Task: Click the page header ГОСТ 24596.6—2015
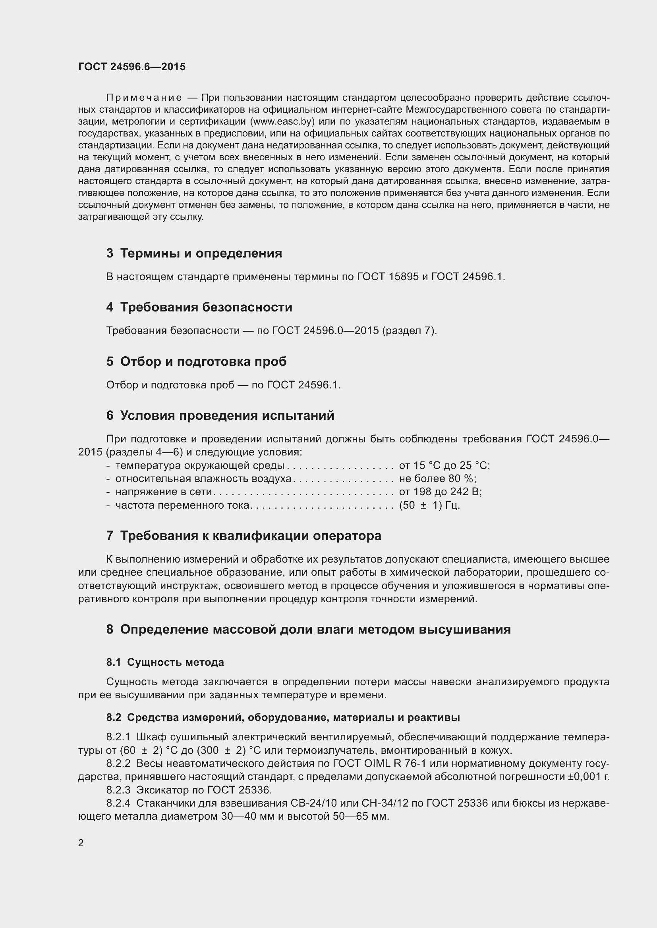(132, 67)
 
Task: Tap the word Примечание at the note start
(144, 98)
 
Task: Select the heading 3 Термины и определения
(194, 254)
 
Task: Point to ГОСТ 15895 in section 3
(388, 277)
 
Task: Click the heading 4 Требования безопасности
(199, 307)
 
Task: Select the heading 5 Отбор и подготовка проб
(196, 361)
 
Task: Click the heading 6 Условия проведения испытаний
(220, 415)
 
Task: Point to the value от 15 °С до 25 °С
(444, 466)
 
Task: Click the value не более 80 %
(437, 478)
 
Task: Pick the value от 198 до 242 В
(440, 492)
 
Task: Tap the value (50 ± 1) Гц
(429, 505)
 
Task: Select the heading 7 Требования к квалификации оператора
(243, 536)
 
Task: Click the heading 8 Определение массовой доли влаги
(308, 629)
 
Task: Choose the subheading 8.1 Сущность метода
(165, 663)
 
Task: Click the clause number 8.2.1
(118, 737)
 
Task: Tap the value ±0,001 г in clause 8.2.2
(588, 776)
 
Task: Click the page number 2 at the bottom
(81, 843)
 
